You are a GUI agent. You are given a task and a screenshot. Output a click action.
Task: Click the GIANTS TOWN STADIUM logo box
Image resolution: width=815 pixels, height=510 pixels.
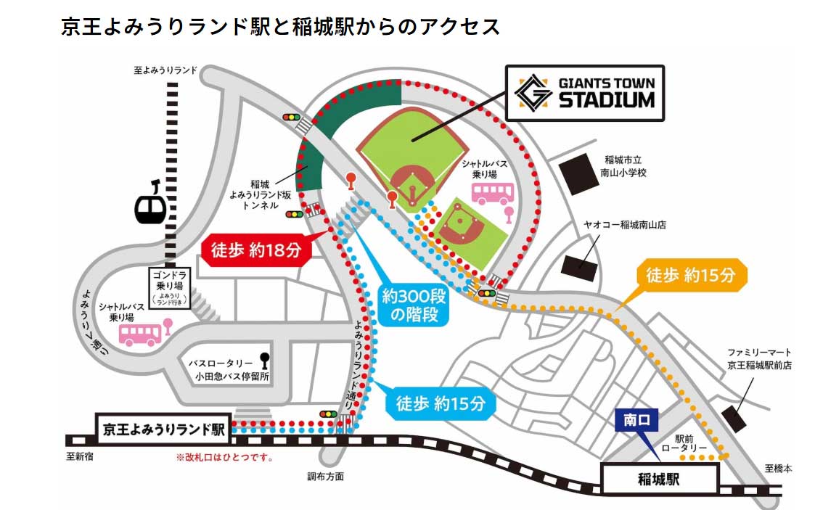point(585,92)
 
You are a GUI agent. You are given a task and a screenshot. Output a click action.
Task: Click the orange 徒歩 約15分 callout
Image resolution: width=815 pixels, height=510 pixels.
point(690,276)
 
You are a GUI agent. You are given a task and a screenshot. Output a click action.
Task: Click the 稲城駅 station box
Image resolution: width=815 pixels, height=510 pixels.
point(659,479)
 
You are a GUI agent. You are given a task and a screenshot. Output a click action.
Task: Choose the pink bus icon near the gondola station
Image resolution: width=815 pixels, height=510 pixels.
point(140,334)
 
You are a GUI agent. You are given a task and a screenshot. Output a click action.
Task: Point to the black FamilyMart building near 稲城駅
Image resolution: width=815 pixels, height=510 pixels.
point(734,419)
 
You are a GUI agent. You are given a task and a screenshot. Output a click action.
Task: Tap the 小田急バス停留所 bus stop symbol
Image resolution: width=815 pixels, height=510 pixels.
point(263,361)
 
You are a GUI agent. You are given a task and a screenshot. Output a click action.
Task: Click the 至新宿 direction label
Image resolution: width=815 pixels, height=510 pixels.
point(80,457)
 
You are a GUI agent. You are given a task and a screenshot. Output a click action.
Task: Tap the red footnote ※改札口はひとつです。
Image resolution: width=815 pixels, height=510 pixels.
point(224,458)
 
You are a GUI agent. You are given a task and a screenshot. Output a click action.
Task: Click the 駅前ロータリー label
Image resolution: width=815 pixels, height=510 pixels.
point(690,443)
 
